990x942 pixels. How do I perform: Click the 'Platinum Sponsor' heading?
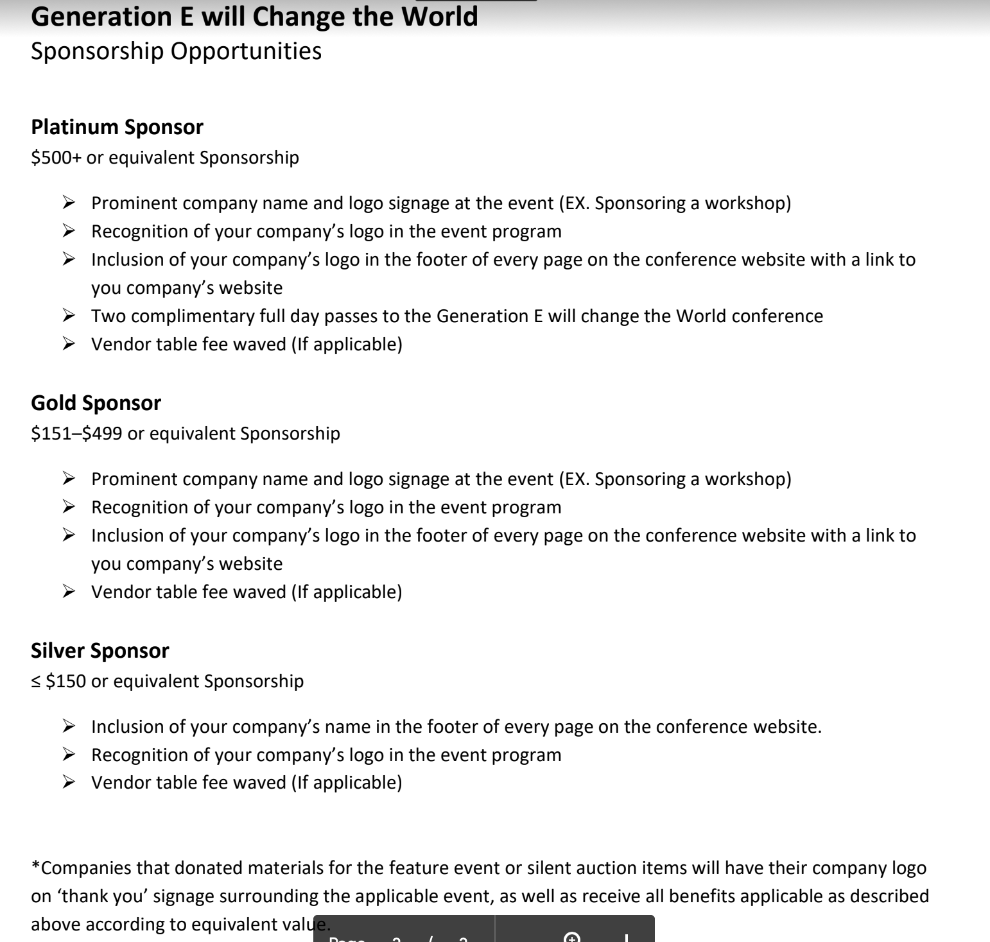(117, 127)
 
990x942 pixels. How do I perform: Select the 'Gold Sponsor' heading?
(96, 403)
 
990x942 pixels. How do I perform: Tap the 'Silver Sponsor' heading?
(100, 651)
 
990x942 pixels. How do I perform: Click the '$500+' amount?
(56, 158)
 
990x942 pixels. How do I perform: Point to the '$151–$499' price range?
(76, 434)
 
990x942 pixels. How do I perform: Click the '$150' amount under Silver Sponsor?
(65, 681)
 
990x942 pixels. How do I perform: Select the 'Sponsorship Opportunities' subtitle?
(176, 51)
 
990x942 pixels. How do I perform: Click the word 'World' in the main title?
(439, 17)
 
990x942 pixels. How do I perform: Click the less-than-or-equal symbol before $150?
(36, 682)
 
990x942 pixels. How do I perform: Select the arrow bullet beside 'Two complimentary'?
(69, 316)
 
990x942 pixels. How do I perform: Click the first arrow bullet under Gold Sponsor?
(69, 479)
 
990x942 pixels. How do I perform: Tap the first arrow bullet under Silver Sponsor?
(69, 726)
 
